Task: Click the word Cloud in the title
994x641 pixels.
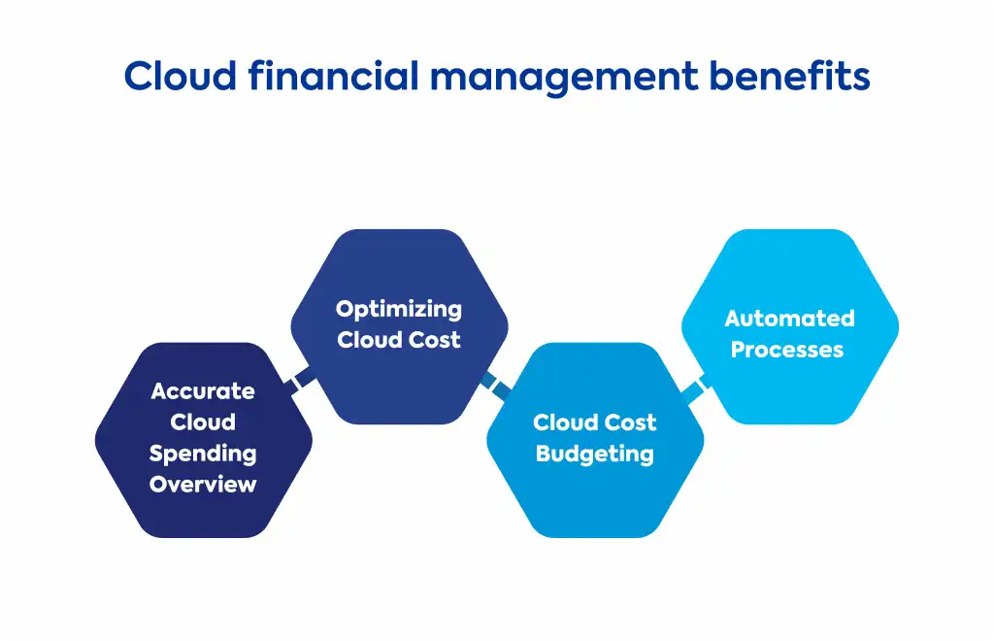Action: tap(180, 76)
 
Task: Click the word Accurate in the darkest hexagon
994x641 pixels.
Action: tap(203, 391)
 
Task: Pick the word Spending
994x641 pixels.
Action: tap(203, 454)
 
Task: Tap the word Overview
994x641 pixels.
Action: tap(203, 485)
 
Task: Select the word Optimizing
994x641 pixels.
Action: tap(399, 310)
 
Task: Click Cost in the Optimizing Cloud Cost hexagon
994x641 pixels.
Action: tap(434, 340)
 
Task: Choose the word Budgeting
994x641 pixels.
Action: tap(595, 455)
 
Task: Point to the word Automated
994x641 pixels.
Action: tap(790, 319)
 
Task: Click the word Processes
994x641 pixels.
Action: tap(787, 350)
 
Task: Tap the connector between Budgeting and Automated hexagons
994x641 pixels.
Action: tap(695, 388)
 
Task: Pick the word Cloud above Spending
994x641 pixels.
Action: tap(203, 422)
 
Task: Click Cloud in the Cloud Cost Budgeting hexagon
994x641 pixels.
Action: tap(561, 422)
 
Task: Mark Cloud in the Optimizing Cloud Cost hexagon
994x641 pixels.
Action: tap(369, 340)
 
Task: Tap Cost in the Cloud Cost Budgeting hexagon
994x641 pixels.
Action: tap(628, 422)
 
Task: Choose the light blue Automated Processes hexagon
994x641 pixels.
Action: tap(790, 326)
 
